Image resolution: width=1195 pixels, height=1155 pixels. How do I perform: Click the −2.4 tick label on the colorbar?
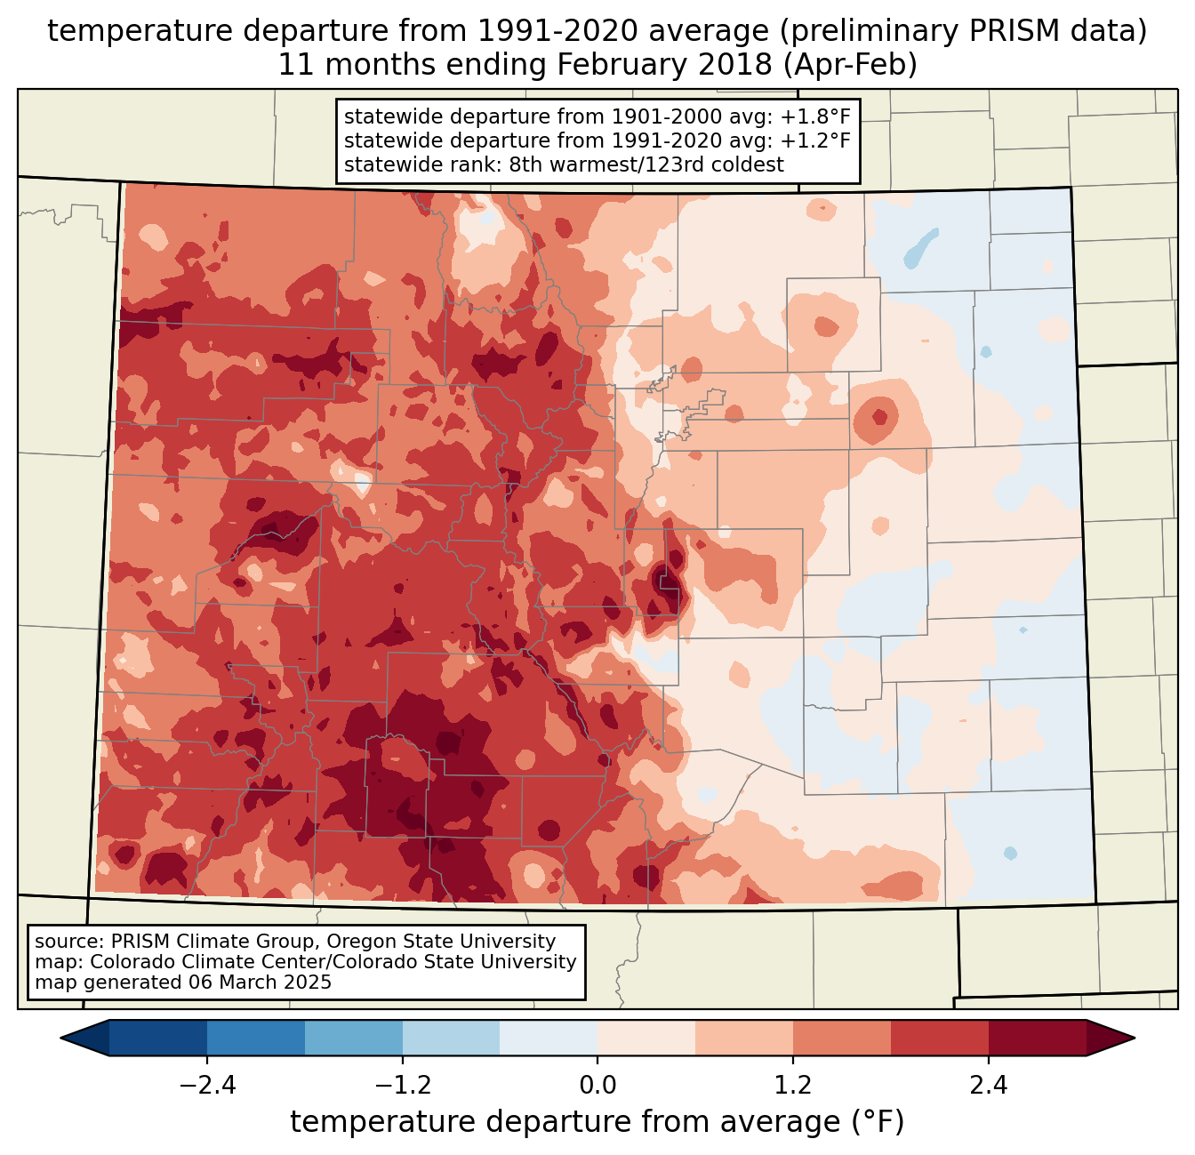[206, 1086]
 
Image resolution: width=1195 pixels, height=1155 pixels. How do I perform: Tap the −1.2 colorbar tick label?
[402, 1086]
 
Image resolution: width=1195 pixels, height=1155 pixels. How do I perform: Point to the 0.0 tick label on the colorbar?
[597, 1086]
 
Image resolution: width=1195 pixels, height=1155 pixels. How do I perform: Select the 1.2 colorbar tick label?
[793, 1086]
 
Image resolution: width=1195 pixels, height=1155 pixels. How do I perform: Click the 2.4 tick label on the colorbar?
[989, 1086]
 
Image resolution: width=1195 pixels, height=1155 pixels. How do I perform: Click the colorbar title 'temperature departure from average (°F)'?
[597, 1122]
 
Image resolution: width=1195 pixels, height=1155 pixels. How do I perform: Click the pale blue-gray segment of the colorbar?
[549, 1038]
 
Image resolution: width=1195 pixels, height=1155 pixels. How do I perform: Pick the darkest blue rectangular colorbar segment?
[158, 1038]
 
